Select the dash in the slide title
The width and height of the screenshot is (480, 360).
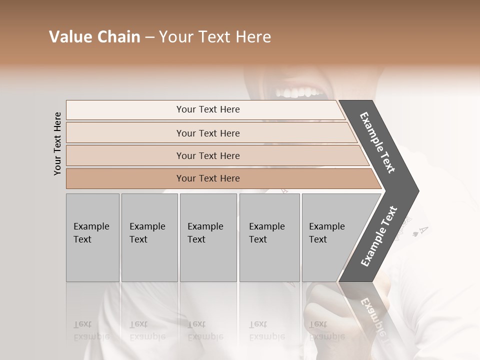[x=149, y=37]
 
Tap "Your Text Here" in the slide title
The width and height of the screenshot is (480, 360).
[x=215, y=37]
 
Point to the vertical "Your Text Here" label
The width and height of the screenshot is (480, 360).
[x=57, y=143]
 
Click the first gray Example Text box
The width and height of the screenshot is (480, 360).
[x=92, y=237]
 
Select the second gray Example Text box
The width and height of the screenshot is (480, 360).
[x=149, y=237]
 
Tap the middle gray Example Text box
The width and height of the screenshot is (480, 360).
[x=208, y=237]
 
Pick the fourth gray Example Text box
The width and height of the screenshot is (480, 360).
[x=269, y=237]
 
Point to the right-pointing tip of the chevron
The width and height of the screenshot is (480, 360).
[x=416, y=191]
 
